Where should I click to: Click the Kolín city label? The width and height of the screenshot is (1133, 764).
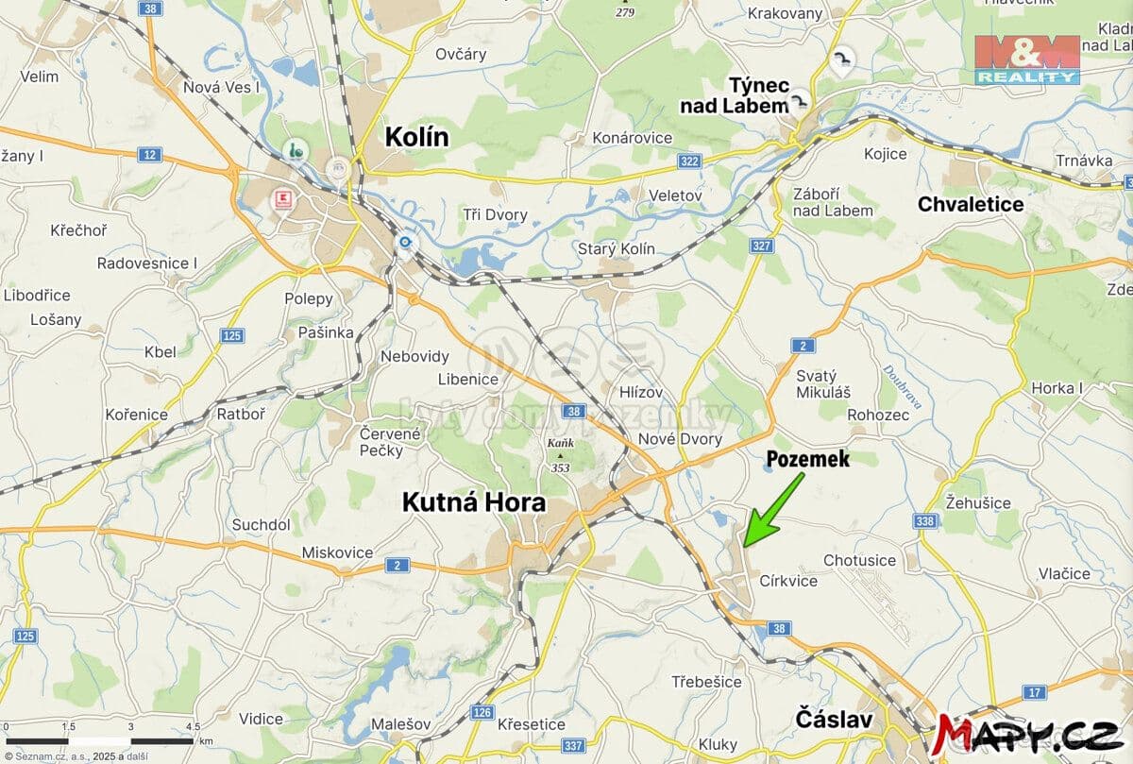[x=416, y=138]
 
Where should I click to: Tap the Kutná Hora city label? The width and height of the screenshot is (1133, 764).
[x=474, y=501]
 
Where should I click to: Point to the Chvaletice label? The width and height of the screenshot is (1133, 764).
[x=971, y=204]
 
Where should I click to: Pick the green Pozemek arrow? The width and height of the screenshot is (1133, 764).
[x=771, y=510]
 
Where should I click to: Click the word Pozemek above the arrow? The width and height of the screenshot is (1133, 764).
[x=807, y=460]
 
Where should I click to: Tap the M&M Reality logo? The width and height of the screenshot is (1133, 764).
[x=1027, y=59]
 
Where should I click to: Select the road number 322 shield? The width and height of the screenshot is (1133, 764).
[x=690, y=161]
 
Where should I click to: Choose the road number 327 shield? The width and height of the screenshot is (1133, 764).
[x=762, y=246]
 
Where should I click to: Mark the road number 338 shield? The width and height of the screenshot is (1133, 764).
[x=925, y=521]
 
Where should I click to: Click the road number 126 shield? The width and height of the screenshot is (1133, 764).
[x=482, y=711]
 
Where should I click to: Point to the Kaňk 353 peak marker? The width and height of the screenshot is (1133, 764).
[x=559, y=455]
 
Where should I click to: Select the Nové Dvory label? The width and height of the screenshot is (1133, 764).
[x=680, y=439]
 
